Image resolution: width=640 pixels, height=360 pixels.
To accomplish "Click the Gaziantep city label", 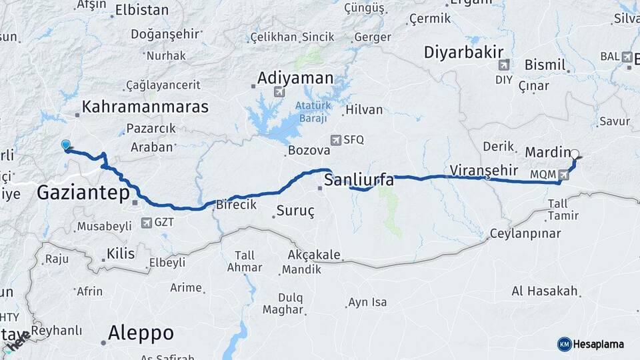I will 83,194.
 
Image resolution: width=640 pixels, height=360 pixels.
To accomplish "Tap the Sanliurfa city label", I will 359,180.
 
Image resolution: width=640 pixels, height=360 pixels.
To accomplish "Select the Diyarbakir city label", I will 463,53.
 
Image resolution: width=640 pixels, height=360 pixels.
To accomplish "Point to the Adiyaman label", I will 296,78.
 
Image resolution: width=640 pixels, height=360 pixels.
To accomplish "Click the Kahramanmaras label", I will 145,107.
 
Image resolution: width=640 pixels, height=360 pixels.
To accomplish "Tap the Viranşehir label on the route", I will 484,170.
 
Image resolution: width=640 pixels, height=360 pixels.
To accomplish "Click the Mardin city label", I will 547,153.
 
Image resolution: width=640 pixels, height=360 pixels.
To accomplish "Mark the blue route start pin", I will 65,145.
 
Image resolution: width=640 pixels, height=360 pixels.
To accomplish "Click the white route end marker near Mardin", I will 575,153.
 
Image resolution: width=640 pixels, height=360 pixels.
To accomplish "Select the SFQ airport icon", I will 336,140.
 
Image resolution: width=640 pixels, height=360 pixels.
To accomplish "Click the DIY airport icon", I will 503,65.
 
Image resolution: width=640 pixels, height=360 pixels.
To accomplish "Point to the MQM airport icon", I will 566,175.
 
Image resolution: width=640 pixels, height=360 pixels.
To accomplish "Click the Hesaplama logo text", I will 599,344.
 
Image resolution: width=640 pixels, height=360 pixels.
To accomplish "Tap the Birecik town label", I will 236,205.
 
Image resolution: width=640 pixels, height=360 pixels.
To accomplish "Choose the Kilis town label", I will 121,253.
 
